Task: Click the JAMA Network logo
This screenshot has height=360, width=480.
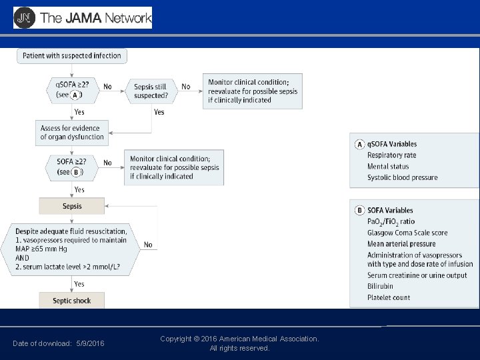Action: pyautogui.click(x=83, y=18)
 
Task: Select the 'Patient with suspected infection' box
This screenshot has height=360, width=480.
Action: pyautogui.click(x=71, y=56)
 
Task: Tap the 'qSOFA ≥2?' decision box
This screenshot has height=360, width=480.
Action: pyautogui.click(x=73, y=90)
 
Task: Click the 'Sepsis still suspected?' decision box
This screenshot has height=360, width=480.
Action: pyautogui.click(x=151, y=91)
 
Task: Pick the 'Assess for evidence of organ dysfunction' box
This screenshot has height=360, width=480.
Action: pyautogui.click(x=72, y=132)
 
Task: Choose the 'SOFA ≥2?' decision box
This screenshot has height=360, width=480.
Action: pyautogui.click(x=72, y=167)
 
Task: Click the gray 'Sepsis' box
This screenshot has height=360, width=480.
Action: pyautogui.click(x=72, y=206)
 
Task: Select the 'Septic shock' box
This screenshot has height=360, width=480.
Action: pyautogui.click(x=72, y=301)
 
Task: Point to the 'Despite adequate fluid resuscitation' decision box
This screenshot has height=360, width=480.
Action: pyautogui.click(x=72, y=250)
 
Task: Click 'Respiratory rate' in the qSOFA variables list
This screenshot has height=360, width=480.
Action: pyautogui.click(x=392, y=155)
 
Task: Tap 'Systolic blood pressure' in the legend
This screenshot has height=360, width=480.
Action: pyautogui.click(x=403, y=177)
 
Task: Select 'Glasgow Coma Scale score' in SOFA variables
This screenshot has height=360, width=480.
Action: pyautogui.click(x=407, y=233)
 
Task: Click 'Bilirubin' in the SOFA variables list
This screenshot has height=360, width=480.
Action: pyautogui.click(x=380, y=286)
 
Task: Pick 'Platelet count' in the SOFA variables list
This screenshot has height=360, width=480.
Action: pyautogui.click(x=389, y=297)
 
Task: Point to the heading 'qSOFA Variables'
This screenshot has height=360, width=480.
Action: pyautogui.click(x=392, y=144)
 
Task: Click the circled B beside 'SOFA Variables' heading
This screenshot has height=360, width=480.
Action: pyautogui.click(x=359, y=211)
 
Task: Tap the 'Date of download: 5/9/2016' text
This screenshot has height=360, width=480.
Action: pyautogui.click(x=58, y=343)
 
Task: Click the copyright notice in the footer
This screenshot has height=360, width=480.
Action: pyautogui.click(x=239, y=343)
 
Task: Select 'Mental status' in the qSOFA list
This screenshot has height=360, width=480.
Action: pyautogui.click(x=387, y=167)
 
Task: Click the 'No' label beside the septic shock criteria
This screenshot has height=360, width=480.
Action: pyautogui.click(x=148, y=245)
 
